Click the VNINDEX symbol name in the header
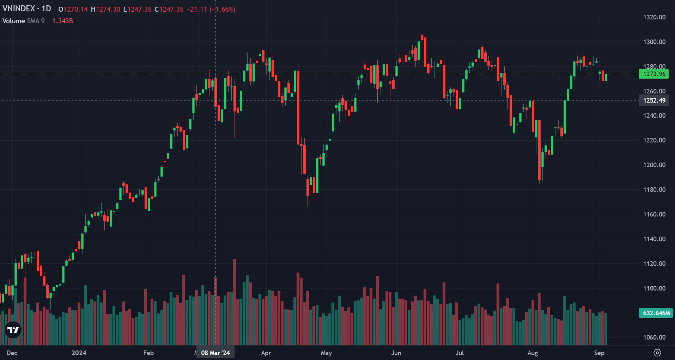tap(19, 8)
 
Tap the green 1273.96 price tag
tap(654, 74)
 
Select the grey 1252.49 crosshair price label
tap(654, 100)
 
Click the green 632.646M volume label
tap(656, 313)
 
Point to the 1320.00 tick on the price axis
tap(654, 17)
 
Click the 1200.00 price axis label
tap(654, 165)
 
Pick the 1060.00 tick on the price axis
tap(654, 337)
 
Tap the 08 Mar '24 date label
tap(215, 353)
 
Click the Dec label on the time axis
tap(12, 353)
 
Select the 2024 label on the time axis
tap(79, 353)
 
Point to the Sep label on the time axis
tap(599, 353)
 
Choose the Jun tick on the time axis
tap(396, 353)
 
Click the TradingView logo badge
tap(13, 330)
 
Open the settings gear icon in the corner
tap(657, 353)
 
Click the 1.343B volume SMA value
tap(62, 21)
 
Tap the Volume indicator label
tap(13, 21)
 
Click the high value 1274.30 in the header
tap(108, 9)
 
